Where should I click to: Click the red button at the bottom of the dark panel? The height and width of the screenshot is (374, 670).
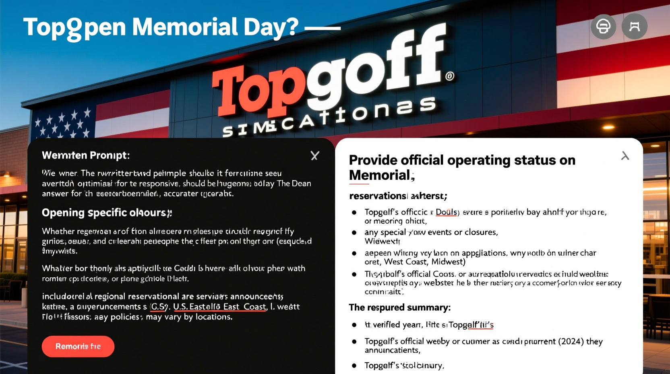[x=78, y=346]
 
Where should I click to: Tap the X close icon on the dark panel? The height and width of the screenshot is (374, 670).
[x=315, y=156]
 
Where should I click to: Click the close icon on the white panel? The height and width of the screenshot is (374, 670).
[x=625, y=156]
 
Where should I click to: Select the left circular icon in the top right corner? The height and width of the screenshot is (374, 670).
[x=603, y=27]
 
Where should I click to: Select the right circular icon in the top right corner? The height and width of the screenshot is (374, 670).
[x=635, y=27]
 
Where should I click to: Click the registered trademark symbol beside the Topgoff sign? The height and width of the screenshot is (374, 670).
[x=450, y=76]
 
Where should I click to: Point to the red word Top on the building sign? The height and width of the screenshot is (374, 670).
[x=258, y=91]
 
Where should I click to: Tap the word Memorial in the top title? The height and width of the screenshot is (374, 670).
[x=185, y=27]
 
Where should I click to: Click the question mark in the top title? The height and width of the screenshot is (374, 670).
[x=293, y=27]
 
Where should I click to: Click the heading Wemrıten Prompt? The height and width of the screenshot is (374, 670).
[x=86, y=156]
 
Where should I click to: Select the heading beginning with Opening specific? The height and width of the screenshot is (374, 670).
[x=107, y=213]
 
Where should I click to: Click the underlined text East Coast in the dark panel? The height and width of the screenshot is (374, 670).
[x=244, y=307]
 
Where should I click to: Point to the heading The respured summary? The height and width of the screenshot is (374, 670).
[x=399, y=308]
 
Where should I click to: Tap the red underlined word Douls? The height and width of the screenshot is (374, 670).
[x=446, y=212]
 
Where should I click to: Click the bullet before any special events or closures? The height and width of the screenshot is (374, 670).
[x=354, y=233]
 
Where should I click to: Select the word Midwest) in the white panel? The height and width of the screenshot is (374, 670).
[x=448, y=262]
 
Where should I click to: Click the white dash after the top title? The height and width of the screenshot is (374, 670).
[x=323, y=28]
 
